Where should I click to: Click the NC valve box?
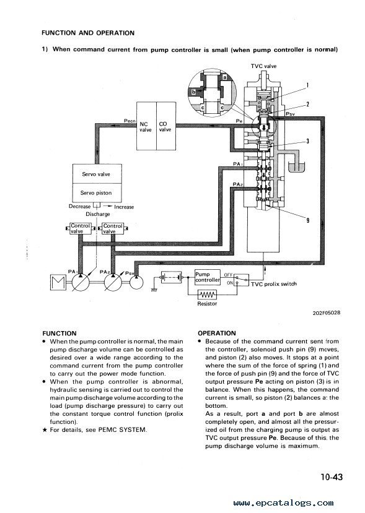[x=146, y=126]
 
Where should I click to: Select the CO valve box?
[x=166, y=126]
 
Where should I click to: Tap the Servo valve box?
[x=97, y=174]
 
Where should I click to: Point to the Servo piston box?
[x=97, y=193]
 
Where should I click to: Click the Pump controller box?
[x=208, y=277]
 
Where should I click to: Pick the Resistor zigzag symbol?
[x=207, y=295]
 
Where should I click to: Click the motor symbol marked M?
[x=58, y=283]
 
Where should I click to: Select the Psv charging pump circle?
[x=136, y=282]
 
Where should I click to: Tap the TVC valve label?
[x=264, y=66]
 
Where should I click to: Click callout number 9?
[x=307, y=220]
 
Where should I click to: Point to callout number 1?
[x=307, y=86]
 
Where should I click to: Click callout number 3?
[x=307, y=141]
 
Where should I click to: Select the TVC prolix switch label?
[x=274, y=284]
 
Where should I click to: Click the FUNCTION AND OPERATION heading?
[x=88, y=33]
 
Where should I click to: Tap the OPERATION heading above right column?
[x=217, y=333]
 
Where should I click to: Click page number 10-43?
[x=332, y=477]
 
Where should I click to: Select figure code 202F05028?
[x=327, y=313]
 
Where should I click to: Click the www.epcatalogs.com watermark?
[x=283, y=503]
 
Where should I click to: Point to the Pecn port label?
[x=130, y=121]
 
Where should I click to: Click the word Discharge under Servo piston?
[x=98, y=214]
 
